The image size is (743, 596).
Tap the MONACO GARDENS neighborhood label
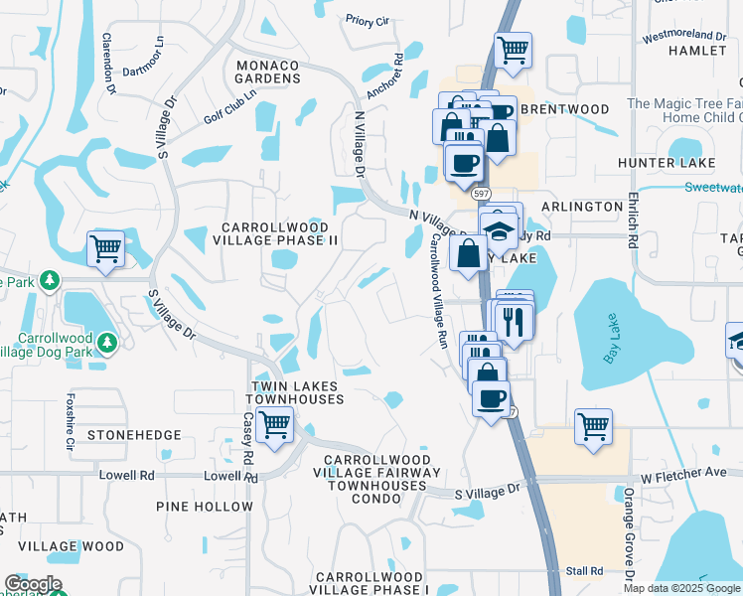(267, 73)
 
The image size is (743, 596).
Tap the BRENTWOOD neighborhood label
(564, 109)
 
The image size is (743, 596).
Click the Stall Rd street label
(584, 571)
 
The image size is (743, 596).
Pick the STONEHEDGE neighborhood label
(134, 435)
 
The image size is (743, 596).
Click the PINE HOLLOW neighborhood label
(205, 507)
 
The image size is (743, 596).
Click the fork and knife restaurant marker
(514, 321)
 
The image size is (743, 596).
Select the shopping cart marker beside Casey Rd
(274, 426)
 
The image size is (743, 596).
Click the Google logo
(33, 584)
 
